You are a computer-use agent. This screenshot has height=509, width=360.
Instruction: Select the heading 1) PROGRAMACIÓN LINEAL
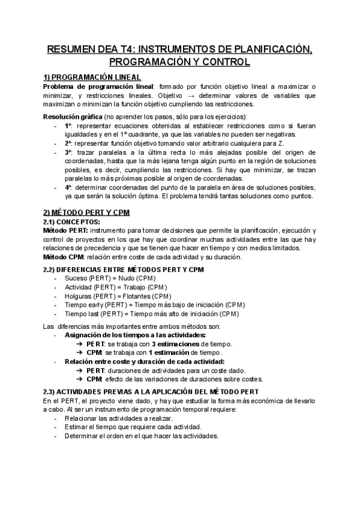pyautogui.click(x=92, y=77)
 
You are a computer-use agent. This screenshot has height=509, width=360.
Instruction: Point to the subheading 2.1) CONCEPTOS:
pyautogui.click(x=74, y=221)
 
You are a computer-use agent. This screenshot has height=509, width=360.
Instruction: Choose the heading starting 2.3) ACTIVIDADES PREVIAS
pyautogui.click(x=151, y=391)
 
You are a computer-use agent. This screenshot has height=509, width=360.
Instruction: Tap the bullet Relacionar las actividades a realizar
pyautogui.click(x=118, y=418)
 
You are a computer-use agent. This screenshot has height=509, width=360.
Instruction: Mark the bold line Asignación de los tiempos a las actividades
pyautogui.click(x=135, y=334)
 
